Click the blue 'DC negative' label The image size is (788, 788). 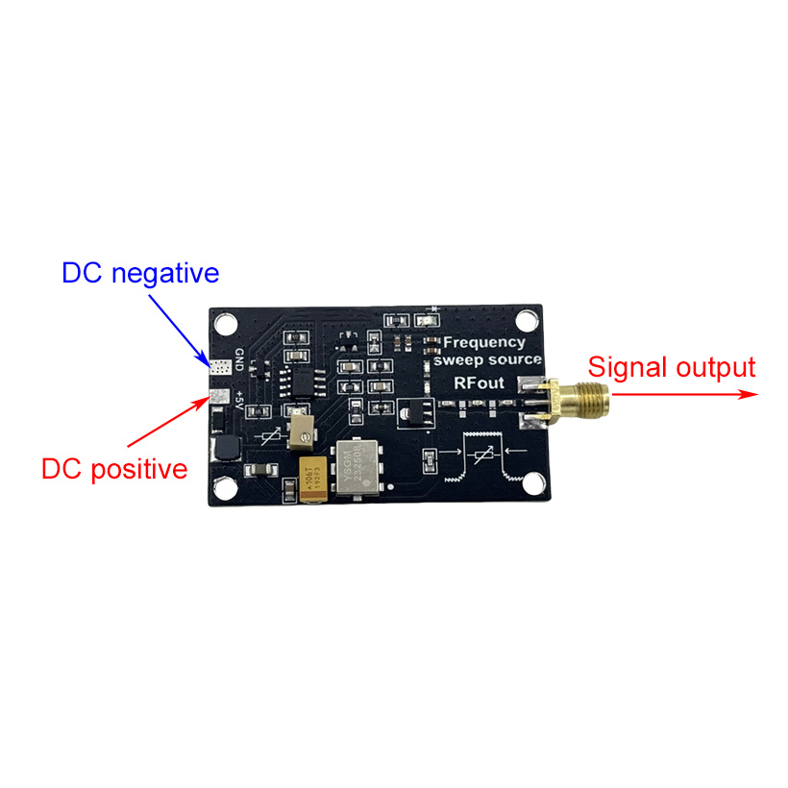(x=140, y=273)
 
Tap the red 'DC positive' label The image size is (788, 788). (x=113, y=469)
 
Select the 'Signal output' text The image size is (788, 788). (x=672, y=367)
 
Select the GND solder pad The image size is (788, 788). (x=219, y=367)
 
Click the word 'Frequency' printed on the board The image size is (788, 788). (x=483, y=342)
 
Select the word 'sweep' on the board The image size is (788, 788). (x=457, y=360)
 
